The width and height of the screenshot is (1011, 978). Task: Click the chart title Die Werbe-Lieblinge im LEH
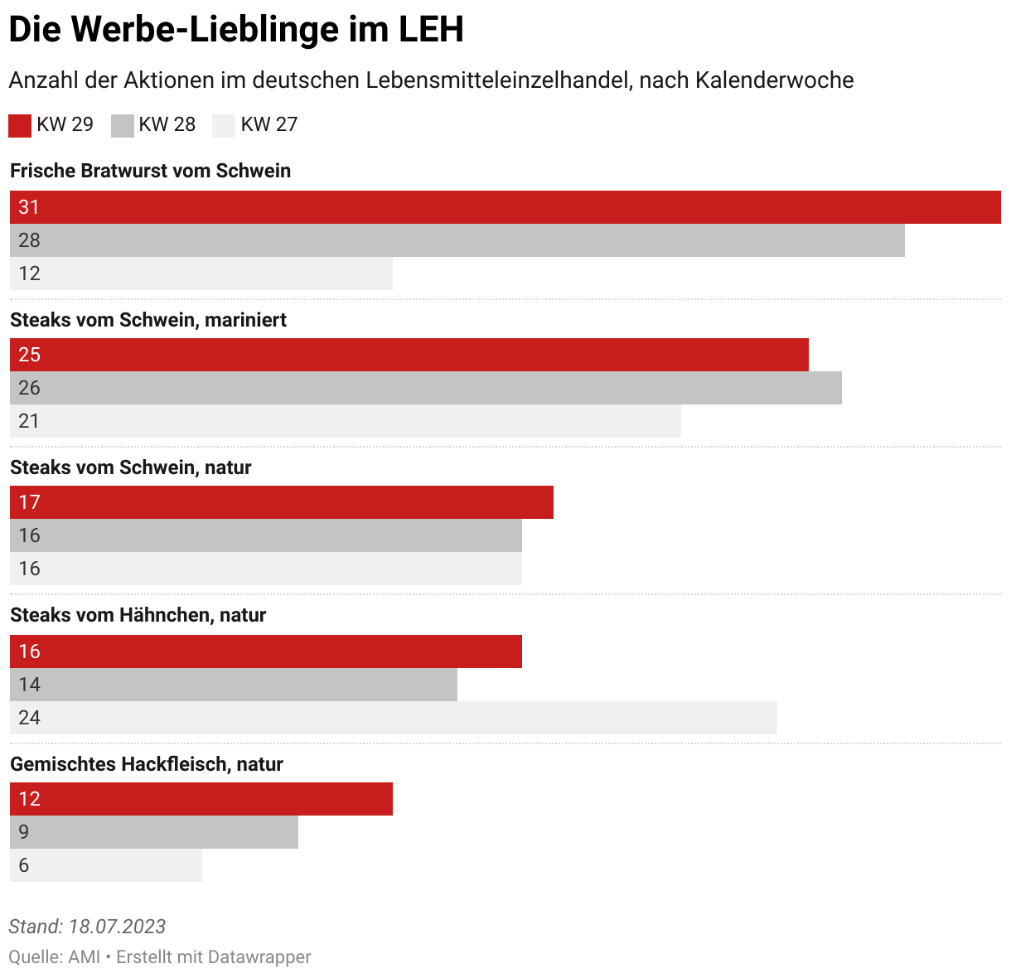pos(236,30)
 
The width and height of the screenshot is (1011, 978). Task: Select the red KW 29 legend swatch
pos(20,125)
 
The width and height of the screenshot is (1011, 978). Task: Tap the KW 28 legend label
pos(167,124)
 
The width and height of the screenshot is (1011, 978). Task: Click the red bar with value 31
pos(505,207)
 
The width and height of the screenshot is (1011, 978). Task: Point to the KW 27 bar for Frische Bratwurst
pos(201,274)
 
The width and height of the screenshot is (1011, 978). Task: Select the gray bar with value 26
pos(426,388)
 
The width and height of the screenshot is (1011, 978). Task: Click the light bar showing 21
pos(346,421)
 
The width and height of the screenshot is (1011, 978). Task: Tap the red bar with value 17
pos(282,502)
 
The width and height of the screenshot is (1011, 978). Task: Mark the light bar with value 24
pos(394,718)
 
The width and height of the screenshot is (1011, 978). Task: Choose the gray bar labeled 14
pos(234,685)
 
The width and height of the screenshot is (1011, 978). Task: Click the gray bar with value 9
pos(154,832)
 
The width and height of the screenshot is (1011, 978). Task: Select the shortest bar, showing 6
pos(106,865)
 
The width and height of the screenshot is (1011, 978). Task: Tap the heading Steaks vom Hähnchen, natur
pos(138,615)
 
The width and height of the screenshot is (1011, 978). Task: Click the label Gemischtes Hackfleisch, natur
pos(147,764)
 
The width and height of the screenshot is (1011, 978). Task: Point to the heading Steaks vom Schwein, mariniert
pos(148,320)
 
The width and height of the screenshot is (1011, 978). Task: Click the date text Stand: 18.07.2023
pos(87,927)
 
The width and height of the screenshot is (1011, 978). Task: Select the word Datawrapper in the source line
pos(259,956)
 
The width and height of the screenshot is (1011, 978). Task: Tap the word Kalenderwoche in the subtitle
pos(775,80)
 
